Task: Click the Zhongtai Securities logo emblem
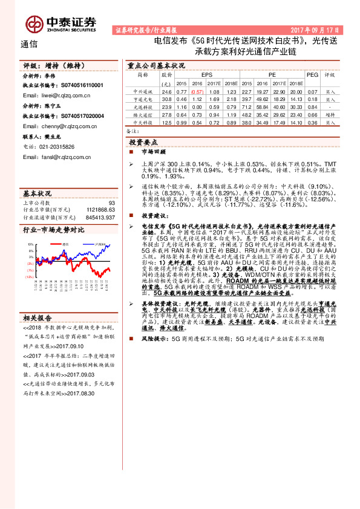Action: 34,22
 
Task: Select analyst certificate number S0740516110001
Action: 79,86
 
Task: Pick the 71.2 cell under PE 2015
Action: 246,106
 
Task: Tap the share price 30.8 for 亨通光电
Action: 167,99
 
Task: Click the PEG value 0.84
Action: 312,106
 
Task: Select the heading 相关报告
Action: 38,334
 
